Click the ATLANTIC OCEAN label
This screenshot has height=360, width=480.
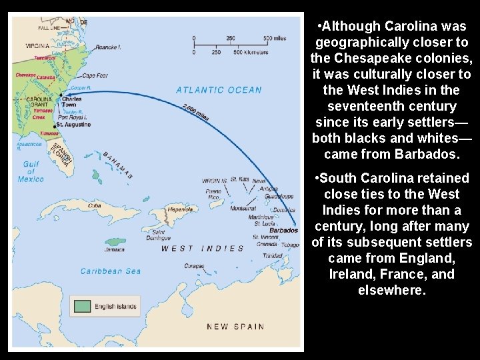[x=219, y=90]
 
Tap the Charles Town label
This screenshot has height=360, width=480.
[x=72, y=102]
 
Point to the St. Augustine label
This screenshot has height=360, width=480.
[x=73, y=125]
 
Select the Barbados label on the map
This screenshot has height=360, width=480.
[x=285, y=231]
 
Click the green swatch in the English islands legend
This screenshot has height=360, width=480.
[x=82, y=307]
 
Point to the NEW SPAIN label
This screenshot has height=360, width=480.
[x=235, y=327]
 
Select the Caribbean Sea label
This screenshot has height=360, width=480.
[x=111, y=271]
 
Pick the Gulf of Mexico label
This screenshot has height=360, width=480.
[x=31, y=171]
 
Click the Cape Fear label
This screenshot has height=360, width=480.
[x=95, y=75]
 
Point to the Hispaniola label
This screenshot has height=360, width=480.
[x=179, y=209]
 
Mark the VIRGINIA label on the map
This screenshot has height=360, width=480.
[x=37, y=47]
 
